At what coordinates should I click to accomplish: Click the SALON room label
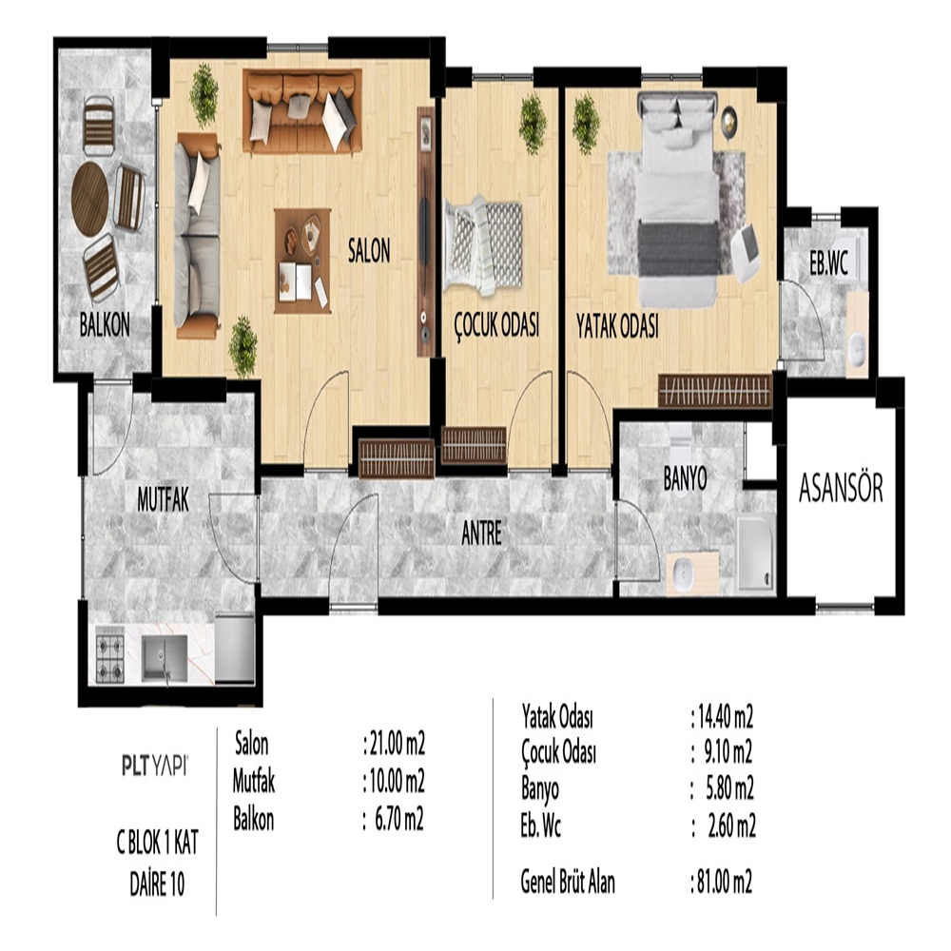pos(369,250)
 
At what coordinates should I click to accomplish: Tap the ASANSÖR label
pos(841,488)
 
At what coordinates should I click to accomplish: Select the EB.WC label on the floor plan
pos(828,262)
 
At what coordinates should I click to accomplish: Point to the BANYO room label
pos(686,478)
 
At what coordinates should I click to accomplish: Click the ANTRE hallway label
pos(481,534)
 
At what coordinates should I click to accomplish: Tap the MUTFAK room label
pos(164,500)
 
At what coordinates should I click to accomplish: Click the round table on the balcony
pos(89,199)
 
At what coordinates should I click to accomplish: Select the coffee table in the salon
pos(302,261)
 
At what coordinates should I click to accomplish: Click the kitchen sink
pos(165,658)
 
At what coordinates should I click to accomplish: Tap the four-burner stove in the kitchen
pos(110,658)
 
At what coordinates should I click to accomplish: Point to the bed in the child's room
pos(483,245)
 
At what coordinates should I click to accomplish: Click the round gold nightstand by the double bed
pos(728,120)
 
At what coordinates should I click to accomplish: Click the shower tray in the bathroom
pos(756,552)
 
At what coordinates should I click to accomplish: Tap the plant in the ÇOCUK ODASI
pos(533,124)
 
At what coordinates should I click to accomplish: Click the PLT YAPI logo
pos(155,766)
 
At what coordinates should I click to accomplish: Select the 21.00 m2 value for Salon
pos(395,744)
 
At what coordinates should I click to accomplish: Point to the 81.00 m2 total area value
pos(722,882)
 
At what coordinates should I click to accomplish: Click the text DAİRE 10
pos(157,884)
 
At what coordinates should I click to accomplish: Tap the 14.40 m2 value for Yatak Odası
pos(722,717)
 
